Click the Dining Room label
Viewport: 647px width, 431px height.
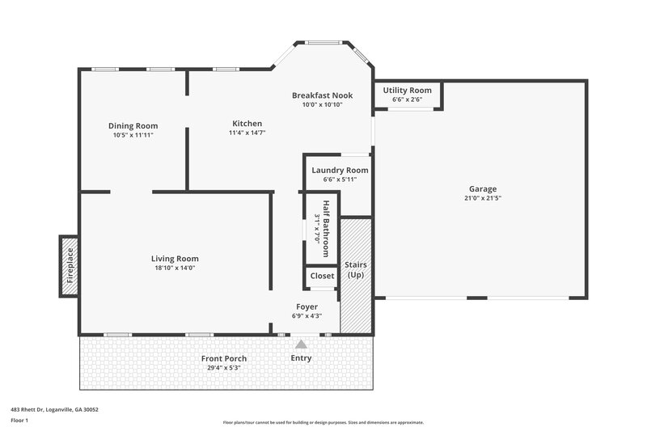(x=133, y=125)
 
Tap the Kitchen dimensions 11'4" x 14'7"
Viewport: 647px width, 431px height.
(x=247, y=133)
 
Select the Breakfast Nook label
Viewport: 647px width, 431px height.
(x=323, y=95)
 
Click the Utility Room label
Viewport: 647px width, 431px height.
(x=407, y=91)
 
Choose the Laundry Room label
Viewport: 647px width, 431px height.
(x=340, y=170)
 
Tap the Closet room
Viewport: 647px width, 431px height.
(x=322, y=276)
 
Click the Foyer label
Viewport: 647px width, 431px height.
(x=307, y=306)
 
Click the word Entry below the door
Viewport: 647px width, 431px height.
(x=301, y=358)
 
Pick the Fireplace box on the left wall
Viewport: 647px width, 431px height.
(x=70, y=265)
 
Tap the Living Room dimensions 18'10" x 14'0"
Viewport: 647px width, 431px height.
(x=175, y=268)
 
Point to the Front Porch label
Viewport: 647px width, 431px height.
(x=224, y=358)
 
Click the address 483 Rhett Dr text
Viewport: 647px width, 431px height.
(x=54, y=409)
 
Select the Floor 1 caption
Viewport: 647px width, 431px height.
(x=19, y=420)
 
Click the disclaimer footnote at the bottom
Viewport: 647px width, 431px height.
(x=323, y=422)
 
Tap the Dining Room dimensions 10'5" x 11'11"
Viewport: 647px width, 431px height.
(x=133, y=135)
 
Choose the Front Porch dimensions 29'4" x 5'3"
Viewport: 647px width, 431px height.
(x=224, y=368)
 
